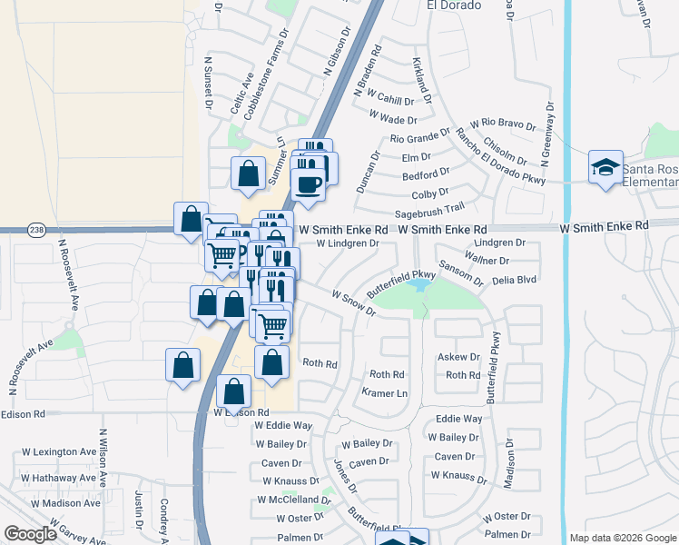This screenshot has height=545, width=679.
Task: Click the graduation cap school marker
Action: (605, 168)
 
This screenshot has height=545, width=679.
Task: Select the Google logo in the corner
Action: (30, 534)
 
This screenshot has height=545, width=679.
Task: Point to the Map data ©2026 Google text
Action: (622, 538)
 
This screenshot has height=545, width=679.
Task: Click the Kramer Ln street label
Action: (385, 392)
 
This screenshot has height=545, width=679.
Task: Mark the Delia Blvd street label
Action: (516, 281)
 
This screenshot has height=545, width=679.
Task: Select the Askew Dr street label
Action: (458, 357)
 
